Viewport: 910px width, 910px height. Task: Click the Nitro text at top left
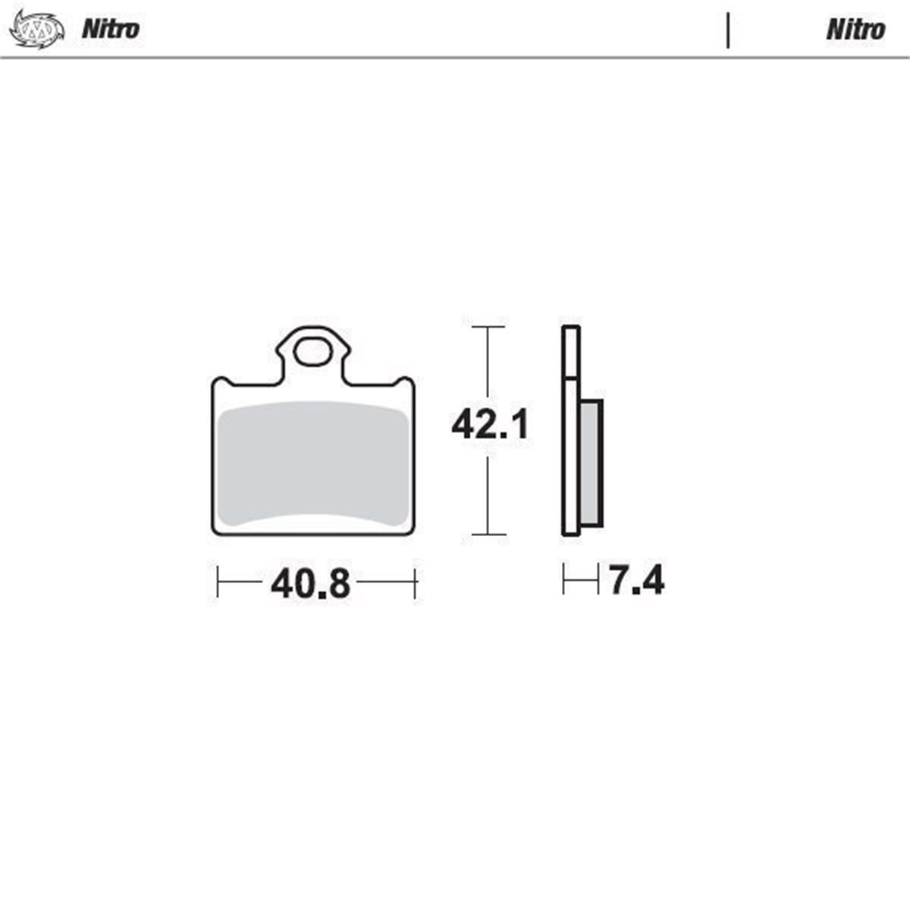111,30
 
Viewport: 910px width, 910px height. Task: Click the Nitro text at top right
855,30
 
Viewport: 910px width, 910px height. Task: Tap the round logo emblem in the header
37,30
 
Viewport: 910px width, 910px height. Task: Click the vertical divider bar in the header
728,30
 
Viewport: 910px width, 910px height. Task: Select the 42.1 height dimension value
490,425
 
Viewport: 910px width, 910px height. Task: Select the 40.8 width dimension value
310,584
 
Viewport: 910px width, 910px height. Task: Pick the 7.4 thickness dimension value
637,580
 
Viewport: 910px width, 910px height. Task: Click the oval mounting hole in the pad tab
312,353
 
